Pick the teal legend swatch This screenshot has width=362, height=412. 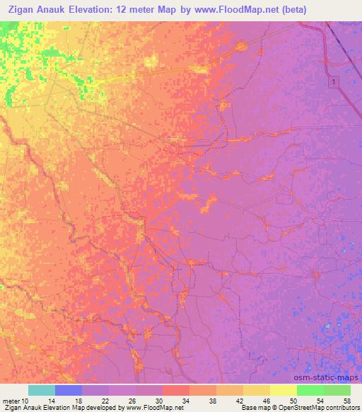tap(42, 389)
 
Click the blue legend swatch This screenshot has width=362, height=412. tap(69, 389)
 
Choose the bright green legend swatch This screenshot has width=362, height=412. tap(310, 389)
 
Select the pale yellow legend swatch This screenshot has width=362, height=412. tap(283, 389)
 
